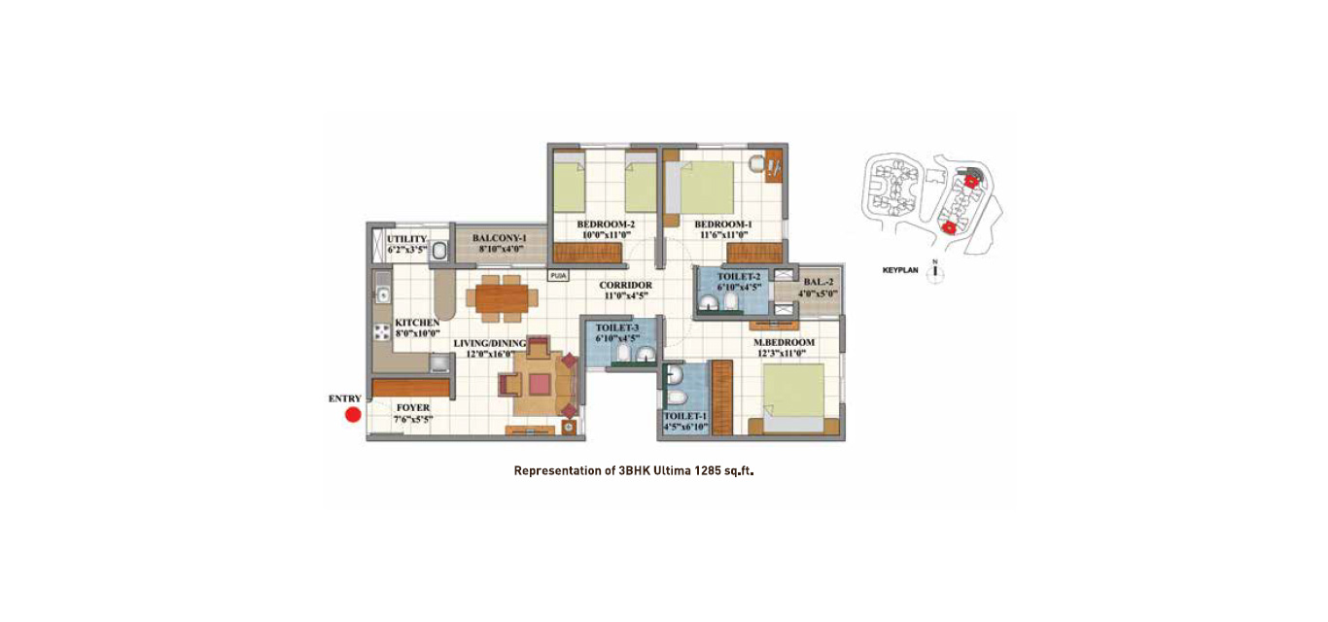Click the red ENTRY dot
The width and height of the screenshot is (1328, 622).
[353, 415]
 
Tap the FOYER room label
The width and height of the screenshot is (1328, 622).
[413, 408]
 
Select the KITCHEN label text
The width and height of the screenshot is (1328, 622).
[417, 323]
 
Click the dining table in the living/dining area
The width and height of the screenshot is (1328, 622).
[502, 298]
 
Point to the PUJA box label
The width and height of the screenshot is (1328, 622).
[558, 276]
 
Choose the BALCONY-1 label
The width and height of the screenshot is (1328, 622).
[499, 238]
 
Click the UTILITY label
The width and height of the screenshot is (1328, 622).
[406, 239]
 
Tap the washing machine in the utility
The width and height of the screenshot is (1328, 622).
[438, 251]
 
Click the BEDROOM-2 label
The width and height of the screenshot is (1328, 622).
[606, 225]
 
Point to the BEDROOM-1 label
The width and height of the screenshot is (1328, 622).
[722, 225]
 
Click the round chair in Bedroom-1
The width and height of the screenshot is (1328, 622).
[756, 163]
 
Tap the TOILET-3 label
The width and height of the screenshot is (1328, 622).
[617, 328]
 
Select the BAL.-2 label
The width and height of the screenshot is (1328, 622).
[819, 282]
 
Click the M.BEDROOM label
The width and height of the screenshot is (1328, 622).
[784, 343]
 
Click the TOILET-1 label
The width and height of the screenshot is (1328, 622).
[685, 416]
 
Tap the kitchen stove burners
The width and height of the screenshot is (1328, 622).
[382, 332]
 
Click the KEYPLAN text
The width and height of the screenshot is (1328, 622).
[900, 270]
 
